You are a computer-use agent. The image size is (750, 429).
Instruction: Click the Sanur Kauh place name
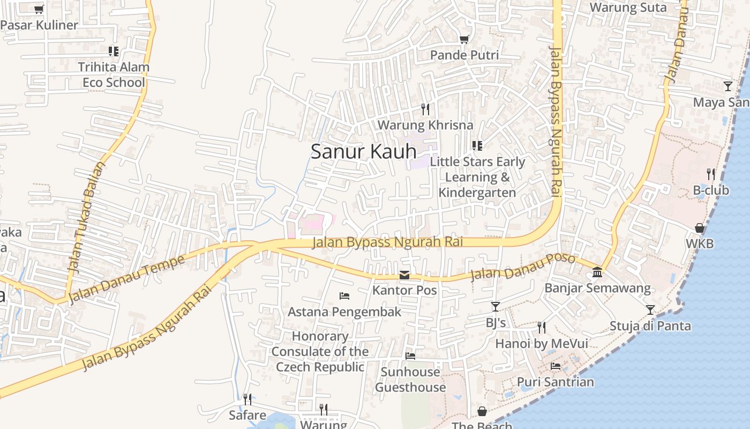pyautogui.click(x=363, y=152)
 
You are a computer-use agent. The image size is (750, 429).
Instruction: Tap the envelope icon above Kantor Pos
pyautogui.click(x=404, y=275)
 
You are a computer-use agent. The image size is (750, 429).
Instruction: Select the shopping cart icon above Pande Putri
pyautogui.click(x=464, y=39)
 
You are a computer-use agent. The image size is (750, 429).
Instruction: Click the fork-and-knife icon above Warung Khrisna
pyautogui.click(x=425, y=109)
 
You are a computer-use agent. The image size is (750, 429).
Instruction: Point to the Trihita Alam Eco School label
pyautogui.click(x=114, y=75)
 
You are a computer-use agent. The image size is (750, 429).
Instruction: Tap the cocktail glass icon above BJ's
pyautogui.click(x=496, y=307)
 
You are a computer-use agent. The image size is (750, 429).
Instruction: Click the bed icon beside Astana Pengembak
pyautogui.click(x=344, y=296)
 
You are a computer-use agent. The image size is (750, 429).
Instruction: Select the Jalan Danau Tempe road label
pyautogui.click(x=126, y=279)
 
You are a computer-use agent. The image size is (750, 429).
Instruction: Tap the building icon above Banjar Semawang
pyautogui.click(x=597, y=273)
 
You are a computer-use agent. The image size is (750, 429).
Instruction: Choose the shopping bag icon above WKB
pyautogui.click(x=700, y=228)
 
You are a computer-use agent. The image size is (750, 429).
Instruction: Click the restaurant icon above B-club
pyautogui.click(x=711, y=174)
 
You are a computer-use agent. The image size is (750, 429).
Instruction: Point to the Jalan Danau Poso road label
pyautogui.click(x=522, y=267)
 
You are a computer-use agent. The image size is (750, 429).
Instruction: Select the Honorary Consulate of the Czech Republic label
pyautogui.click(x=320, y=352)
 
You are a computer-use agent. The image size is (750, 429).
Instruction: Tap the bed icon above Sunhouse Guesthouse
pyautogui.click(x=410, y=356)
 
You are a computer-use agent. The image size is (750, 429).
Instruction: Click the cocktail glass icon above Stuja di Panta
pyautogui.click(x=650, y=310)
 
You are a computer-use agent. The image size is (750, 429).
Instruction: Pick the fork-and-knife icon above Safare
pyautogui.click(x=247, y=399)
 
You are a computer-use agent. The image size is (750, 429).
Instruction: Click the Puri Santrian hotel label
pyautogui.click(x=555, y=382)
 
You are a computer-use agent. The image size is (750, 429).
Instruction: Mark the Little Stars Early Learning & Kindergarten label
pyautogui.click(x=477, y=177)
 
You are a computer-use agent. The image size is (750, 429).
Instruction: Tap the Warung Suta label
pyautogui.click(x=628, y=8)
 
